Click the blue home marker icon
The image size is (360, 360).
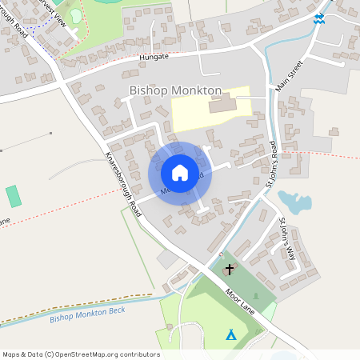[x=180, y=173]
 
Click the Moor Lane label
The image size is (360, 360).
[x=240, y=301]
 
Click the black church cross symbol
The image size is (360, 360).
[x=231, y=270]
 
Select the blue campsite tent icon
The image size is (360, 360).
[x=231, y=334]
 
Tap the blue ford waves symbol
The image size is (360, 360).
[x=319, y=18]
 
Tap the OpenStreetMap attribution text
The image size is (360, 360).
[x=80, y=354]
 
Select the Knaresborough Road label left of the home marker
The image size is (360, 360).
[x=121, y=178]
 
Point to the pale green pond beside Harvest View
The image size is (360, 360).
[x=75, y=15]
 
